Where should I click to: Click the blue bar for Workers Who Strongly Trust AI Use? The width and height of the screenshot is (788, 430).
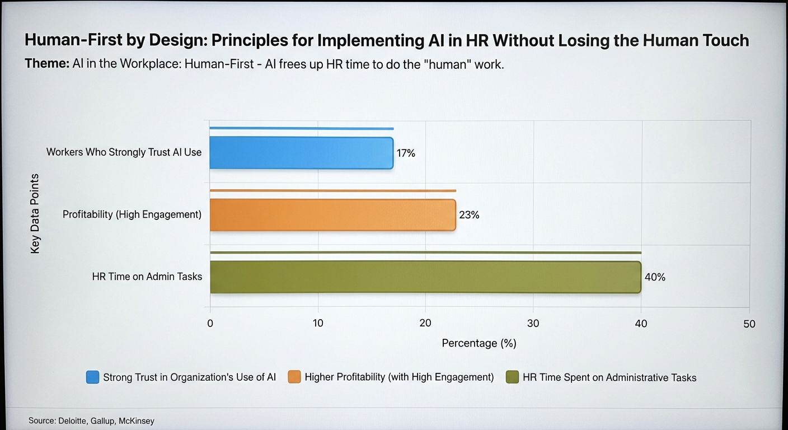click(x=302, y=153)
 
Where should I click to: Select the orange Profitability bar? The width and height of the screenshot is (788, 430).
click(x=333, y=215)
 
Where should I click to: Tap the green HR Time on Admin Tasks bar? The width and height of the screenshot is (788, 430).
click(x=426, y=277)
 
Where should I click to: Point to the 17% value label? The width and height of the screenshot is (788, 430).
click(x=406, y=153)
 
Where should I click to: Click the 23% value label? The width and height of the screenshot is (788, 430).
click(x=469, y=214)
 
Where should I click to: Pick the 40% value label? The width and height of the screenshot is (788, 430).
click(x=655, y=277)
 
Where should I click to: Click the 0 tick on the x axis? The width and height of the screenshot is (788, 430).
click(x=210, y=324)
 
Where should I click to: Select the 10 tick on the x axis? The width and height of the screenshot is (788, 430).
click(x=318, y=323)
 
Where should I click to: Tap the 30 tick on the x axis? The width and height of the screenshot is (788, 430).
click(x=533, y=323)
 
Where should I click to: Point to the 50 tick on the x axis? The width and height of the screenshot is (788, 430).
click(x=749, y=324)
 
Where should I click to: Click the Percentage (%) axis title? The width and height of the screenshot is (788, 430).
click(x=479, y=343)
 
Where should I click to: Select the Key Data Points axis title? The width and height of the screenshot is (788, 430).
click(x=35, y=213)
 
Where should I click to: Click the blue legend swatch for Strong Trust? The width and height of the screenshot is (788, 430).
click(x=92, y=377)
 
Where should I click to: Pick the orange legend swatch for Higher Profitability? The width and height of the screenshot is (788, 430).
click(x=294, y=377)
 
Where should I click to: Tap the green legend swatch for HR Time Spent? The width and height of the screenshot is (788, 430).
click(x=512, y=377)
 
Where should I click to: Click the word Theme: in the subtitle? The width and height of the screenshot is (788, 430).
click(x=47, y=64)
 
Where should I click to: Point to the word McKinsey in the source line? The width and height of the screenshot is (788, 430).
click(x=137, y=421)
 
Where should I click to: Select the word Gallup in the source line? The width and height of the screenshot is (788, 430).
click(x=103, y=421)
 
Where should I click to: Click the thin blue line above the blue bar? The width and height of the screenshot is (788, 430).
click(x=302, y=128)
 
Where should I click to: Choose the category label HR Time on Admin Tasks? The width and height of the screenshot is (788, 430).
click(x=147, y=277)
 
